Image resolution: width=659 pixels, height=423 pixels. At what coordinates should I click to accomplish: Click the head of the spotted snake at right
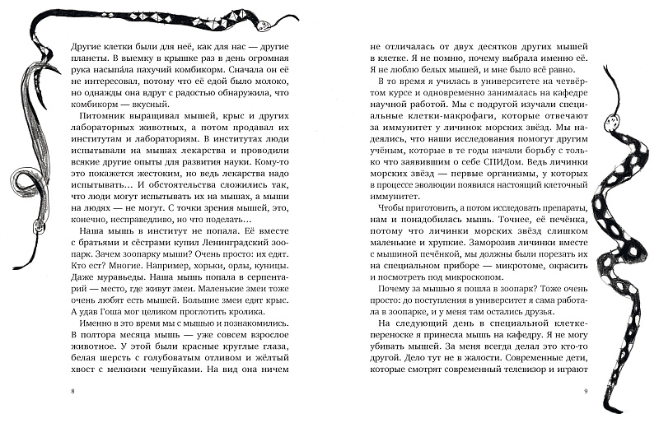click(x=611, y=123)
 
